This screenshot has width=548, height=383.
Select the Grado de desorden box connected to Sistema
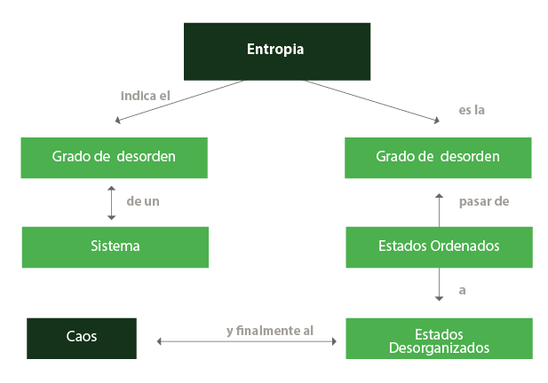tap(114, 158)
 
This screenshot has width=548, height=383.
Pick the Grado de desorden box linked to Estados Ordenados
tap(438, 158)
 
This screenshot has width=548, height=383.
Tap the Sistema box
tap(115, 246)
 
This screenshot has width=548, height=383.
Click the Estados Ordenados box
tap(439, 246)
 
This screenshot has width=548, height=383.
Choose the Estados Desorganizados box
tap(439, 338)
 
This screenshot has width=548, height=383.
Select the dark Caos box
tap(82, 338)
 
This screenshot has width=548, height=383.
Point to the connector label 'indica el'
tap(144, 94)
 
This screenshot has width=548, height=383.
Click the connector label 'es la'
tap(472, 111)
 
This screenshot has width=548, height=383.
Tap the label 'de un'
tap(143, 202)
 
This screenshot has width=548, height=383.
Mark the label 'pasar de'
tap(483, 202)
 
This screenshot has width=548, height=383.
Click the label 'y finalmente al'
tap(269, 331)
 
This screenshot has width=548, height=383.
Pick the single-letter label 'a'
tap(462, 290)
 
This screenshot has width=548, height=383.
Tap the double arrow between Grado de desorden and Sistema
tap(111, 202)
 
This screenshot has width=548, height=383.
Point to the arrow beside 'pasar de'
tap(438, 210)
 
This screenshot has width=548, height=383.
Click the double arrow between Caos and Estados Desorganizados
tap(246, 341)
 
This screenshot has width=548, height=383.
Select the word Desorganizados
tap(439, 348)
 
